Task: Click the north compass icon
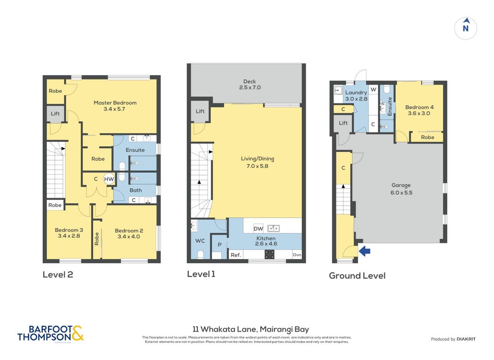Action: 466,28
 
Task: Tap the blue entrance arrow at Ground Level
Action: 364,251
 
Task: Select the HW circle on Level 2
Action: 109,179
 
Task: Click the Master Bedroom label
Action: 115,103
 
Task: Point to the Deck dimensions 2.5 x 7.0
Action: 250,88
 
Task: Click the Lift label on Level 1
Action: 200,111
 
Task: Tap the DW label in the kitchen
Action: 258,229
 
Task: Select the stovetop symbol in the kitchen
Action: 269,254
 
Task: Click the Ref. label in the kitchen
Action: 236,255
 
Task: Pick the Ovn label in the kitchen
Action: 297,255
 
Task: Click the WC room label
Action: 200,241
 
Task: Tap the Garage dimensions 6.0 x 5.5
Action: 401,193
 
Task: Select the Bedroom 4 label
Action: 419,107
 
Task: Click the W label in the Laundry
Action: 373,90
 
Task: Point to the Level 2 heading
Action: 58,274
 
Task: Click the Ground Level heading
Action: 357,276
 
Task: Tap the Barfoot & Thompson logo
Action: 50,333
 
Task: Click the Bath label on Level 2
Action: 136,190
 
